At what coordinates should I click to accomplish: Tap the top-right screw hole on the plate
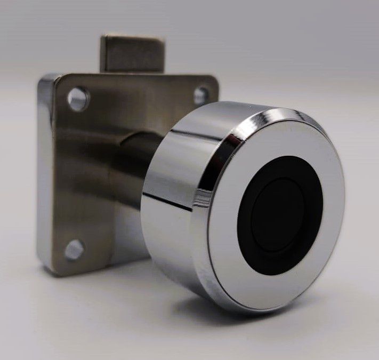pyautogui.click(x=200, y=96)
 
